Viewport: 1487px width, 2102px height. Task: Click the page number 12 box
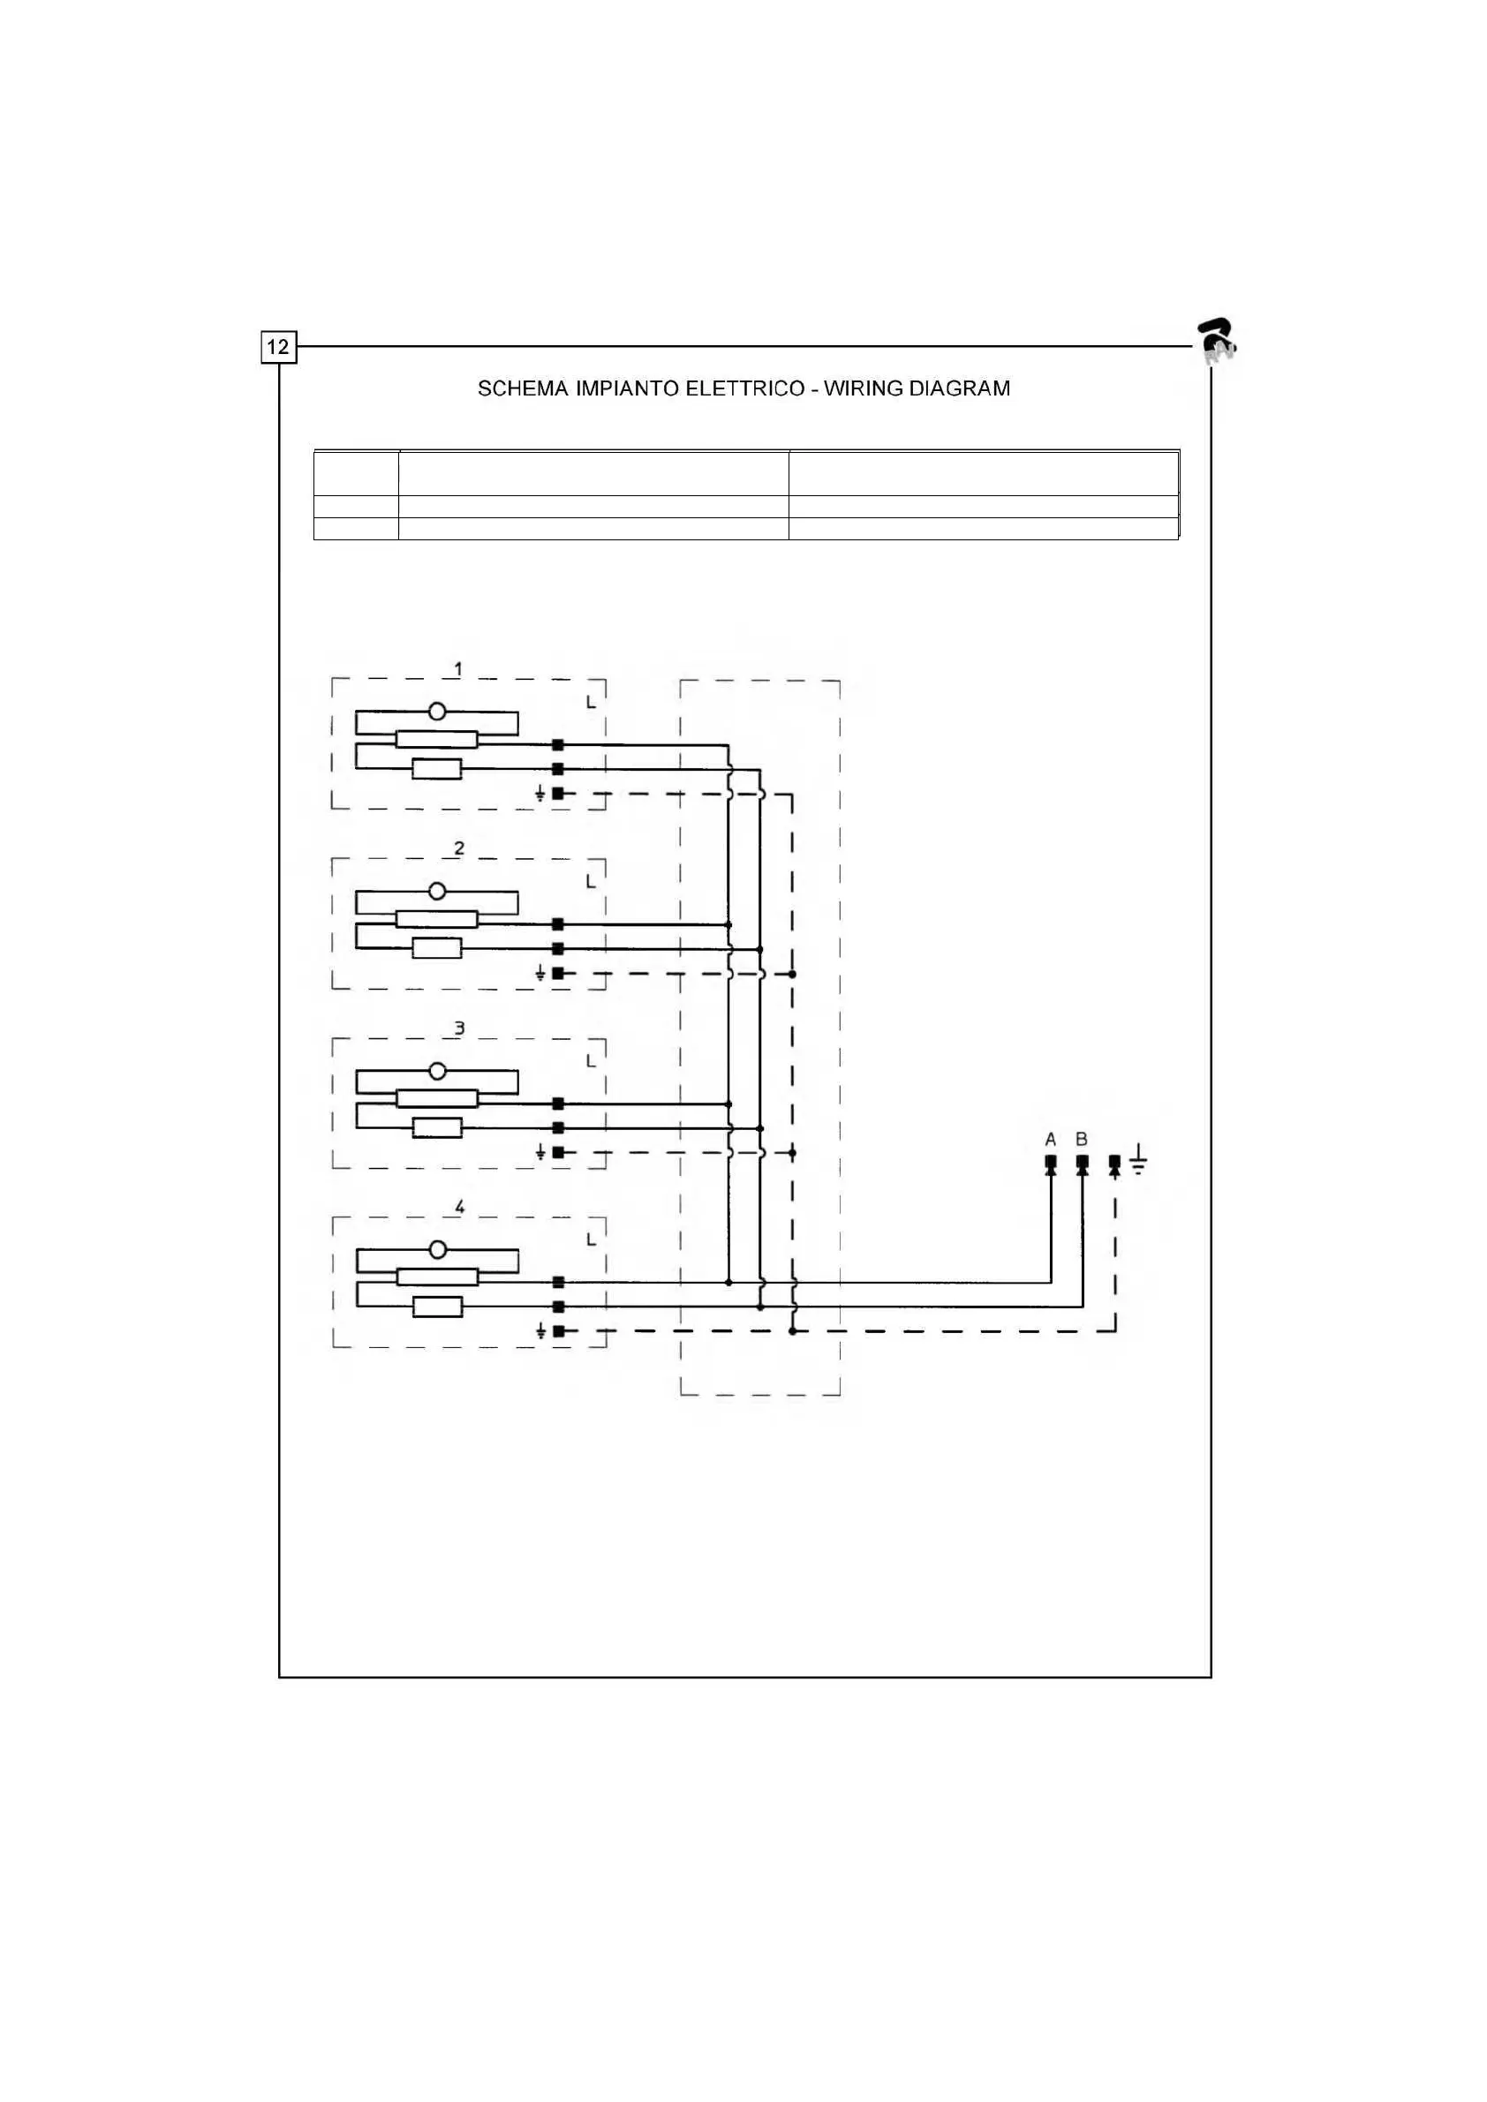click(x=278, y=347)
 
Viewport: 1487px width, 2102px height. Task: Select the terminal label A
click(x=1050, y=1140)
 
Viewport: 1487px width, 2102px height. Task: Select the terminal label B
click(x=1082, y=1140)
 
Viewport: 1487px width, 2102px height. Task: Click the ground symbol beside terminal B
click(x=1138, y=1159)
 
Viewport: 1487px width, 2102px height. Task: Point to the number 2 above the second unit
click(x=459, y=848)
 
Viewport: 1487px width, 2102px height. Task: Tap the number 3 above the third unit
click(x=459, y=1028)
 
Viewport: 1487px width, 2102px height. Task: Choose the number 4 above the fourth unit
click(x=460, y=1207)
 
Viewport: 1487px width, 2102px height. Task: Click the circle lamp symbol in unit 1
click(x=438, y=712)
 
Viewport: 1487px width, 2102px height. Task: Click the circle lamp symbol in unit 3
click(x=438, y=1071)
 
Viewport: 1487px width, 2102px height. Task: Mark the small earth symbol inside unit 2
click(x=540, y=973)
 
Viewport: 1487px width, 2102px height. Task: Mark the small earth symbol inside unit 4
click(x=540, y=1330)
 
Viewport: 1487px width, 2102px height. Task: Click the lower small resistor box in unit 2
click(x=437, y=948)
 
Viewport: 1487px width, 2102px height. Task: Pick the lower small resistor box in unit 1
click(x=437, y=769)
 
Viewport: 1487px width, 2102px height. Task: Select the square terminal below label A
click(x=1050, y=1162)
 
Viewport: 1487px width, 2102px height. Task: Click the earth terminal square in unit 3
click(x=559, y=1152)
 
